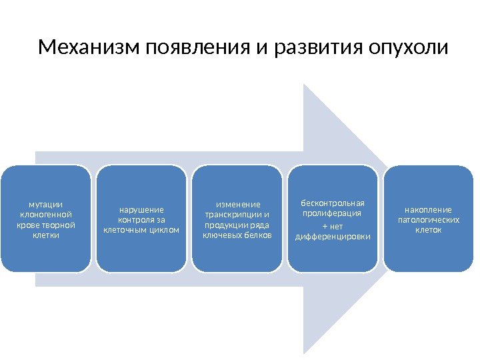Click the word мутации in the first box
(x=45, y=205)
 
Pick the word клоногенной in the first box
(x=45, y=215)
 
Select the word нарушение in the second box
(x=141, y=209)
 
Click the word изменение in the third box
(x=237, y=204)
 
